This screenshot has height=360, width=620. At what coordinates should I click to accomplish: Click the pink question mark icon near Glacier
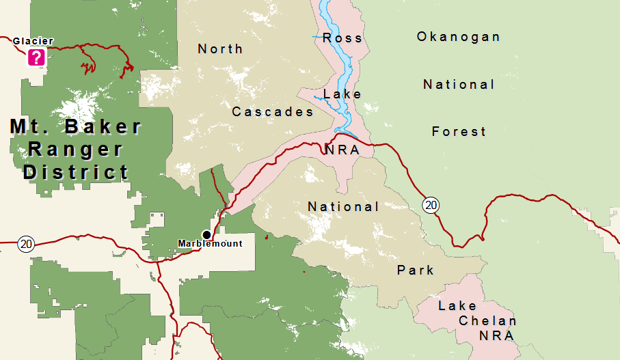[36, 57]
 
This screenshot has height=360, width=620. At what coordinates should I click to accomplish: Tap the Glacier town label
[33, 41]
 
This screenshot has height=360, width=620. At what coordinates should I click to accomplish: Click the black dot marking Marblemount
[206, 234]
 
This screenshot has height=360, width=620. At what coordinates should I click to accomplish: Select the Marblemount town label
[210, 244]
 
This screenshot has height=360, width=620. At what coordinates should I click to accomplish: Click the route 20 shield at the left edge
[26, 244]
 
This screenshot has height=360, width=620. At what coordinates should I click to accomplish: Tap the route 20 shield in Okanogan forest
[430, 204]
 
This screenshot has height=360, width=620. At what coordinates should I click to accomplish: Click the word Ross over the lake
[342, 38]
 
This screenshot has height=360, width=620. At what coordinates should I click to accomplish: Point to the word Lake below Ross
[342, 94]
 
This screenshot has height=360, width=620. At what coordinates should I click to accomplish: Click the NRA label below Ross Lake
[342, 150]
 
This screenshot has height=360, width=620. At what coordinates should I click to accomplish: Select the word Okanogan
[459, 37]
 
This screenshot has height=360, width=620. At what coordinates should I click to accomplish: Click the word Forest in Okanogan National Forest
[459, 132]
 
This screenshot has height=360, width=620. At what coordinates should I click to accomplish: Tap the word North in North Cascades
[220, 49]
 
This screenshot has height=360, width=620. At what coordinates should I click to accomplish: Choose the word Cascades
[273, 111]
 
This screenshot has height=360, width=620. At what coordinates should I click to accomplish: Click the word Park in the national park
[416, 271]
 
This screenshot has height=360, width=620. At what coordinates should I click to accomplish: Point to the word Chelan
[487, 321]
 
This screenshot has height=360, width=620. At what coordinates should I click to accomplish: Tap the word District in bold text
[76, 172]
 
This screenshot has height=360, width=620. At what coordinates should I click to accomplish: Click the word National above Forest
[459, 85]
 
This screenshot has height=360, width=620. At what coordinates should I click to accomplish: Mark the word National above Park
[343, 206]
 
